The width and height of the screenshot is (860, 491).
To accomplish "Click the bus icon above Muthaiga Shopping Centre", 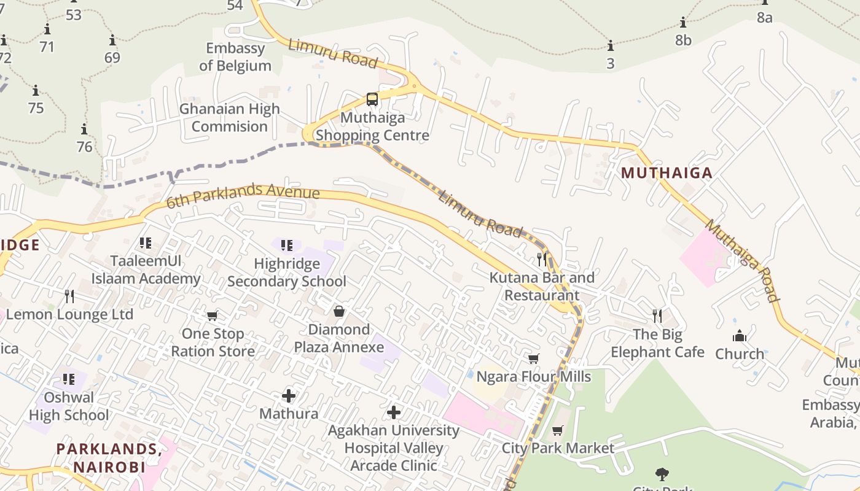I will (372, 99).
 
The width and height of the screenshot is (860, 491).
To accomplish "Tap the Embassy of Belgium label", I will (235, 56).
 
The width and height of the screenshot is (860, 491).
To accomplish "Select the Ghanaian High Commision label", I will (229, 117).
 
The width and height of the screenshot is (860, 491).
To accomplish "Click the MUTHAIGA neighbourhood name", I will (666, 173).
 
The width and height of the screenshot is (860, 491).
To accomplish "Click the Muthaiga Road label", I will (742, 260).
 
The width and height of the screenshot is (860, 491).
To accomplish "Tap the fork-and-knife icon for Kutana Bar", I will (541, 259).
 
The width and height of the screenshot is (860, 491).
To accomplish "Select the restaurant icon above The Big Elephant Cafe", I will (657, 316).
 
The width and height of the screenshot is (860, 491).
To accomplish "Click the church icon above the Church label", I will (740, 336).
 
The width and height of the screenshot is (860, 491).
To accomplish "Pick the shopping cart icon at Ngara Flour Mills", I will (534, 358).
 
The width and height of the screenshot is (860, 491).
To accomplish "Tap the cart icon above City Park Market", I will (558, 430).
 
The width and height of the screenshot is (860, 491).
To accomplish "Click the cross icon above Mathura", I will (289, 395).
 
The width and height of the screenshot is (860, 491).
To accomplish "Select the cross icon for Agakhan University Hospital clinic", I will (394, 412).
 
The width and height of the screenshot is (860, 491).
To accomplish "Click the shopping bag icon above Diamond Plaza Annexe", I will (338, 312).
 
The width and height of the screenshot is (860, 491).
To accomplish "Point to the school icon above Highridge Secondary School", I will (287, 245).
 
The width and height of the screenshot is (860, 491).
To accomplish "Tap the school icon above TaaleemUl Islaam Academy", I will (146, 243).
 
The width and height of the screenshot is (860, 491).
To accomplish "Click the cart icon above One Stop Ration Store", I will (213, 316).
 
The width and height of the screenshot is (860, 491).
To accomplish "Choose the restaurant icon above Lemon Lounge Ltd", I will (69, 296).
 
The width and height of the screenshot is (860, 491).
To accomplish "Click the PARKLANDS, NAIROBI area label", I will (109, 458).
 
